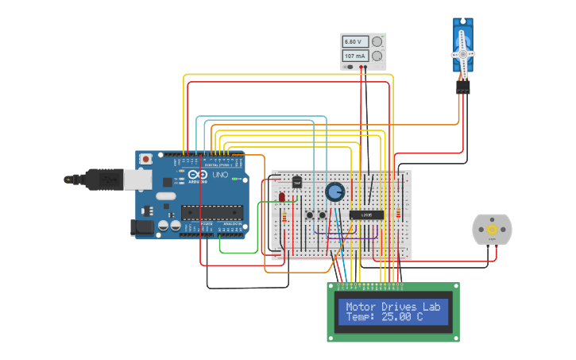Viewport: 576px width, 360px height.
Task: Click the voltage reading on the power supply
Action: click(x=354, y=41)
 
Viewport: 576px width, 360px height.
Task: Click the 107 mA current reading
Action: click(x=354, y=56)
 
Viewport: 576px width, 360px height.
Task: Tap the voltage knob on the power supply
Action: click(x=377, y=41)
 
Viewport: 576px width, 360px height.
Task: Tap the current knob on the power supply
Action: click(x=377, y=56)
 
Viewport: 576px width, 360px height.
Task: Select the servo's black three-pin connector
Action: click(x=463, y=87)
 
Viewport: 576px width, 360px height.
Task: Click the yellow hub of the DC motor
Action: click(x=492, y=230)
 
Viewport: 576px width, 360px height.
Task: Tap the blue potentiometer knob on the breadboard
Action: click(x=334, y=192)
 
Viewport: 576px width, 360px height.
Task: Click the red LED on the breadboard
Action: click(x=281, y=196)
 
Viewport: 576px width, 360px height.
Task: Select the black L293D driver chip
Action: click(x=367, y=215)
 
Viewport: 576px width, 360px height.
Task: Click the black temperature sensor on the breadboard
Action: click(x=297, y=182)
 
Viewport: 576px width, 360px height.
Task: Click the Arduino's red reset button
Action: click(x=145, y=160)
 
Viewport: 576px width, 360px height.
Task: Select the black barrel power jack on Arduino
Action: click(x=141, y=227)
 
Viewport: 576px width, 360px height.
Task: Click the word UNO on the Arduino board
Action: click(x=219, y=174)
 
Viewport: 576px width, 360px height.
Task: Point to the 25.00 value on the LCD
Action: click(x=397, y=317)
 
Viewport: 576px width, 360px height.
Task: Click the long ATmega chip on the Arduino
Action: click(x=211, y=212)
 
